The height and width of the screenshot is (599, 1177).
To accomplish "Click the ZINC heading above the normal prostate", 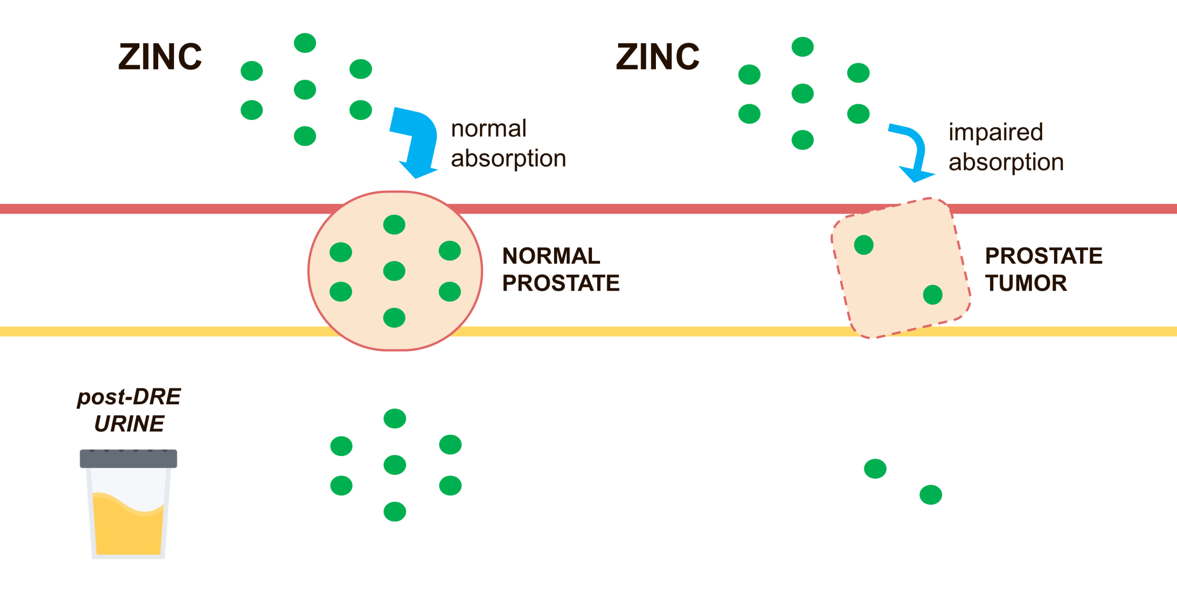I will pos(160,57).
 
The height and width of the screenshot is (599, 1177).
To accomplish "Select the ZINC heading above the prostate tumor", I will pos(658,57).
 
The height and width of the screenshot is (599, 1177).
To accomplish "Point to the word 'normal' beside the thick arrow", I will pos(489,129).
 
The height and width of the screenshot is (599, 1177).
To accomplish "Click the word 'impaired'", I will pos(996,132).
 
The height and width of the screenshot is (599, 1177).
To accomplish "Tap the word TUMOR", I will pos(1026,283).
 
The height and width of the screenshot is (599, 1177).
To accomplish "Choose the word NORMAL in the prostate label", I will pos(551,256).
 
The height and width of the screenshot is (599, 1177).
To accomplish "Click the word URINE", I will pos(129,424).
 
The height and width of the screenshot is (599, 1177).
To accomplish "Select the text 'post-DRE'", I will pos(129,397).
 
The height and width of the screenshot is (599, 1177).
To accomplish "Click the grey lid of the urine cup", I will pos(128,459).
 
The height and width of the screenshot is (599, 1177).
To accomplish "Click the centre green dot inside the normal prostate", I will pos(394,271).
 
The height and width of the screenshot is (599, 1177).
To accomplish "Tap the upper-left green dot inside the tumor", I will pos(864,245).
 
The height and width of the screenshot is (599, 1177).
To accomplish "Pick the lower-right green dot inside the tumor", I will pos(933,295).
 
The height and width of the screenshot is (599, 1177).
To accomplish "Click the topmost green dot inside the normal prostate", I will pos(394,224).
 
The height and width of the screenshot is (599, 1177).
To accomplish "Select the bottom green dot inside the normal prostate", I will pos(394,318).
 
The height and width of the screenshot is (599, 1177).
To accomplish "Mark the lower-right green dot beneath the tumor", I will pos(931,495).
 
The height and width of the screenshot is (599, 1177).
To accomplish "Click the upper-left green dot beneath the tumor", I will pos(875,469).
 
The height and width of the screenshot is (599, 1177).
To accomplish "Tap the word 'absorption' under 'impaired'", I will pos(1006,162).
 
